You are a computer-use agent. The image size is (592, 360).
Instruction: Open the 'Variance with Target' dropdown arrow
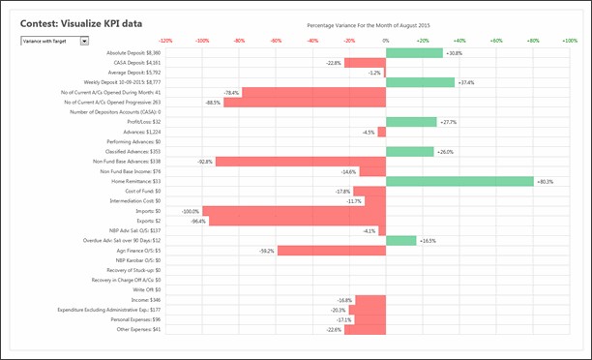85,41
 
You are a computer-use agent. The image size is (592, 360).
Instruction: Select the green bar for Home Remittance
459,181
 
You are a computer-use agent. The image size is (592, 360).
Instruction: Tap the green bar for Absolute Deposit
414,52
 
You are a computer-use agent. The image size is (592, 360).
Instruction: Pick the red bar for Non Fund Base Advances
301,162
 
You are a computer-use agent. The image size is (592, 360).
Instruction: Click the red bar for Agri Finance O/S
332,251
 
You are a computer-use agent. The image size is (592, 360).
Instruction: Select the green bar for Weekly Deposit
420,82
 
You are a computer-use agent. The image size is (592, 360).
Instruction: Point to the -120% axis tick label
165,41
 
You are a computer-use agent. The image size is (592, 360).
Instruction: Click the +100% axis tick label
570,41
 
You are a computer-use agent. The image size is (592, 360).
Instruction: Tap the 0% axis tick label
386,41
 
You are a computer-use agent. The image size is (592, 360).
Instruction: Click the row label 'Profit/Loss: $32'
143,122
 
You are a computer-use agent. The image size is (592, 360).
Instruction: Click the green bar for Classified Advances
409,152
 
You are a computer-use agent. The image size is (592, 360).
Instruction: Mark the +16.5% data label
428,241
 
